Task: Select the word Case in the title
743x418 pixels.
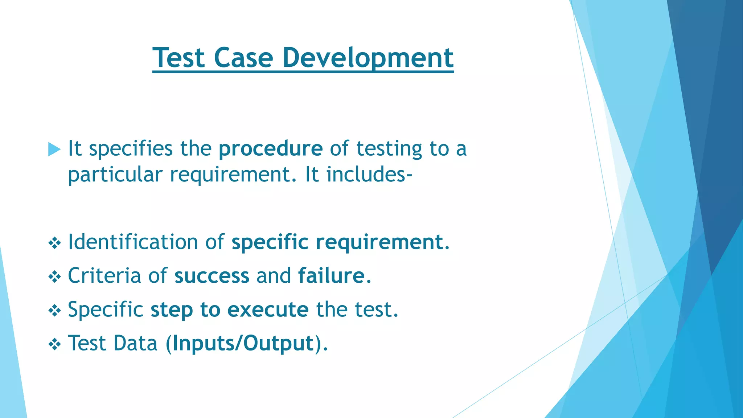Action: tap(243, 58)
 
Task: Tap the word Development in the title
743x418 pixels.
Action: tap(368, 58)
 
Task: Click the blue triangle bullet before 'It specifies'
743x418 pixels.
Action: tap(54, 149)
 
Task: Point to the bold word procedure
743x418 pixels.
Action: tap(270, 149)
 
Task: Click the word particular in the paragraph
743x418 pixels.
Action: tap(115, 175)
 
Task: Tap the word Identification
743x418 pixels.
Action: tap(133, 242)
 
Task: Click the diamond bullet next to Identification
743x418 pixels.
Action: tap(54, 243)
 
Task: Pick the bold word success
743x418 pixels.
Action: tap(212, 276)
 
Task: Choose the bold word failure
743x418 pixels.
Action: tap(331, 276)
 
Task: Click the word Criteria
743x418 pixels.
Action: tap(104, 276)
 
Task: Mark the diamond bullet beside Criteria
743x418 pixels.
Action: tap(54, 277)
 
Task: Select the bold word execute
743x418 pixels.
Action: tap(268, 310)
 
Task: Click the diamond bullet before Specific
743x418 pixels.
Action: tap(54, 311)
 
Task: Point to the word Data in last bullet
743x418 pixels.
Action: tap(135, 343)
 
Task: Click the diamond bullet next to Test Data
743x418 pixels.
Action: tap(54, 344)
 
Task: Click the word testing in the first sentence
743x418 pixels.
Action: tap(389, 149)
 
